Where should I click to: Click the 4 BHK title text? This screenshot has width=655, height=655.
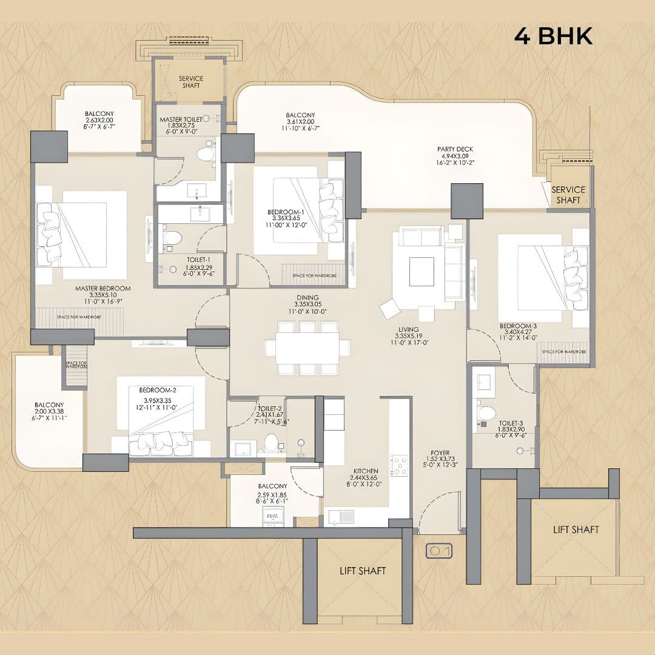click(x=553, y=36)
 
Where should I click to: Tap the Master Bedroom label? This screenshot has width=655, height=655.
click(x=103, y=289)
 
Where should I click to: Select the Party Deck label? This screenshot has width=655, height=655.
click(x=455, y=149)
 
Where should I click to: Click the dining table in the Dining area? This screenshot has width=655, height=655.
click(x=307, y=348)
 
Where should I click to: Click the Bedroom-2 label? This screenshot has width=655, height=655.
click(x=158, y=389)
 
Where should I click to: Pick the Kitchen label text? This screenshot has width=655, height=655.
click(x=366, y=471)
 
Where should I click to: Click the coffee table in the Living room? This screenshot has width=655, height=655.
click(x=422, y=271)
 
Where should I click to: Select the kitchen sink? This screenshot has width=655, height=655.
click(x=341, y=516)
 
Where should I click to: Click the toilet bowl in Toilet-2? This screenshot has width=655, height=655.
click(x=271, y=443)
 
